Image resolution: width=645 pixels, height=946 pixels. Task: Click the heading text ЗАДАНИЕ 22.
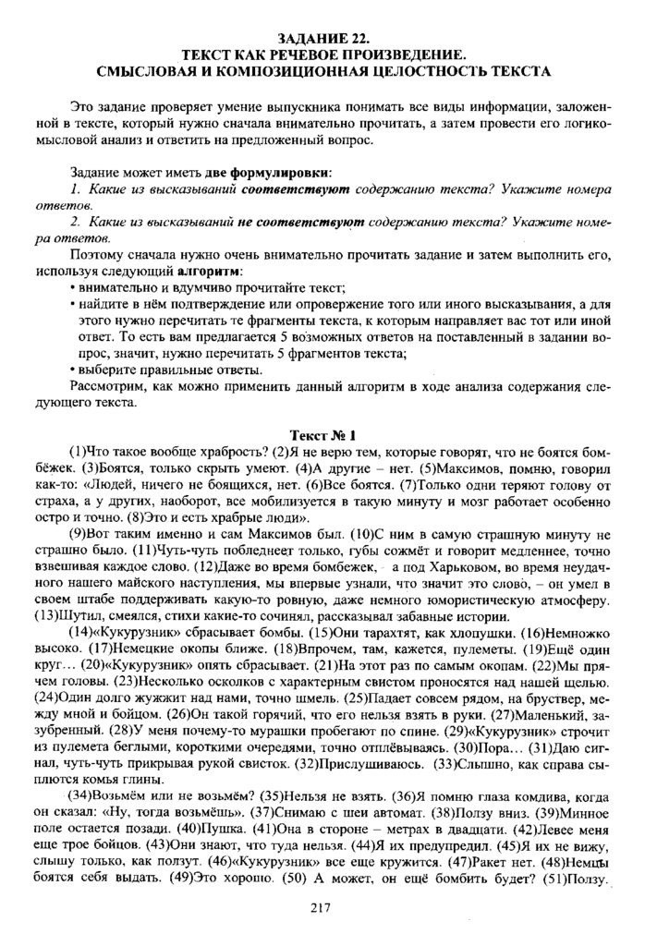click(323, 37)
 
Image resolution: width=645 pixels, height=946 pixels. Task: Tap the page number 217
click(322, 908)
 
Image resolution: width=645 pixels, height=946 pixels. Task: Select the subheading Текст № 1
click(323, 434)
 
